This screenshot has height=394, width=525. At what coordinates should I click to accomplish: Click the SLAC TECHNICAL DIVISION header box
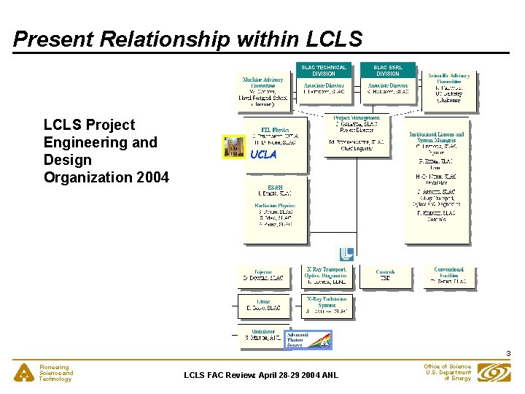324,70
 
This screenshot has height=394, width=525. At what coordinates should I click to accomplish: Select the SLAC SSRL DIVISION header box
387,70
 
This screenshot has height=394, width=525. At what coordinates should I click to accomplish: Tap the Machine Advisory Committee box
265,91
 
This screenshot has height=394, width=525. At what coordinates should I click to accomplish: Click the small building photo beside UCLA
234,146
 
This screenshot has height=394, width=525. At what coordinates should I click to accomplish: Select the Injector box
262,275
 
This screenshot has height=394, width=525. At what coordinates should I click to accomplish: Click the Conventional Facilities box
448,275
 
